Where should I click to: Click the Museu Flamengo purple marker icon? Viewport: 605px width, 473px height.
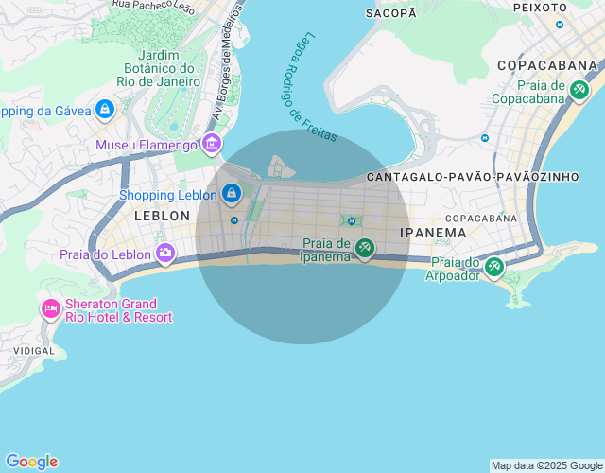211,145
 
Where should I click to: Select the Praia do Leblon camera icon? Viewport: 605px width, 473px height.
165,254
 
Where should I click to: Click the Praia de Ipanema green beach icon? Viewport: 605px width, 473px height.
364,248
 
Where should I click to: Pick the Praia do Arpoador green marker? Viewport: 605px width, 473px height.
493,267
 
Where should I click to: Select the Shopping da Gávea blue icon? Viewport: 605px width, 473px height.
105,111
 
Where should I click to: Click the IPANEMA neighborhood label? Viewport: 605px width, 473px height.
433,232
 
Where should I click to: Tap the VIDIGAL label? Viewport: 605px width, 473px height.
33,349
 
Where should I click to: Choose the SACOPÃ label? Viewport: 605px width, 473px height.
390,12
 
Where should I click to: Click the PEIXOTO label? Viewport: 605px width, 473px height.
539,7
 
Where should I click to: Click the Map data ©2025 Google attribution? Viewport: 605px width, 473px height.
546,465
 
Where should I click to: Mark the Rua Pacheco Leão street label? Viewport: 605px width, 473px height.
154,5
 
